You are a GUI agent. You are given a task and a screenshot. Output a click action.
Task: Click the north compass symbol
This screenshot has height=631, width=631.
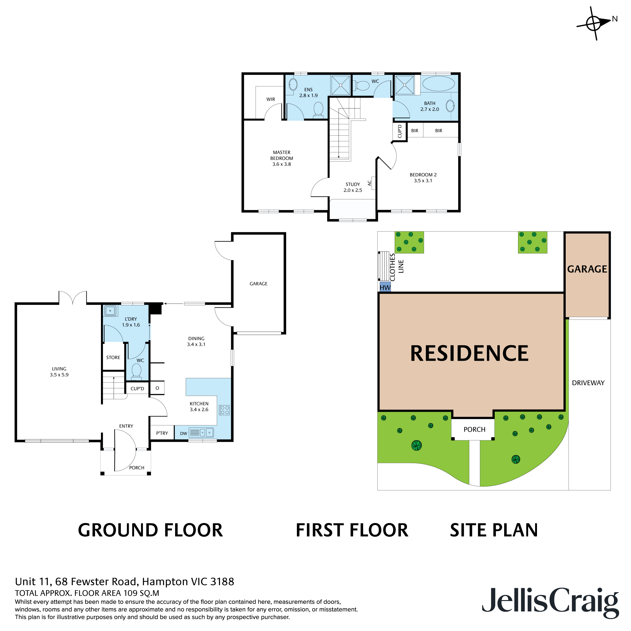593,23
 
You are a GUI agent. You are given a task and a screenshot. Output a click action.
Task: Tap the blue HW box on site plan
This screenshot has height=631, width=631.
385,287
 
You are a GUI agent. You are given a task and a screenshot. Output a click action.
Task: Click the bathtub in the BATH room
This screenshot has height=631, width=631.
438,84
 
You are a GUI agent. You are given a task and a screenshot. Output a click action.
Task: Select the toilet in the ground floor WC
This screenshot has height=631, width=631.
136,372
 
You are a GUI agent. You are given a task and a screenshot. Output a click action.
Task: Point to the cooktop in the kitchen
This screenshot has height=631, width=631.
224,410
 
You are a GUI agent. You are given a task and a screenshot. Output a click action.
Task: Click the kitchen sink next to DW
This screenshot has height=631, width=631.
202,433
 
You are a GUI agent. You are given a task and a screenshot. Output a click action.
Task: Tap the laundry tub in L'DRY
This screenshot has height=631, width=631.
110,310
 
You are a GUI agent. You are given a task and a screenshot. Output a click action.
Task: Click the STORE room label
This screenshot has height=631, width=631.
113,358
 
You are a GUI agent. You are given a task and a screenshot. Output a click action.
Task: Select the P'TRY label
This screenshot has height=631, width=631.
162,433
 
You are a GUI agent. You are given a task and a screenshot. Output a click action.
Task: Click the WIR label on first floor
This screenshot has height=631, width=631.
270,99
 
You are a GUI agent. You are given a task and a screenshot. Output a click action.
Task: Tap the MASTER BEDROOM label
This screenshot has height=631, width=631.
281,158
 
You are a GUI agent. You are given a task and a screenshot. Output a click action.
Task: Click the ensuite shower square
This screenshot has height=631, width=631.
340,85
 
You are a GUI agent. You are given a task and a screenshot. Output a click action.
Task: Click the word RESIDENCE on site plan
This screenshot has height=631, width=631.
469,353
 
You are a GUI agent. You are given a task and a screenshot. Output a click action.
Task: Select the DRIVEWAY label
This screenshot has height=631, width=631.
588,383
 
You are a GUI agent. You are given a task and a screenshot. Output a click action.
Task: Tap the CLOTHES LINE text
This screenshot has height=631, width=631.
397,267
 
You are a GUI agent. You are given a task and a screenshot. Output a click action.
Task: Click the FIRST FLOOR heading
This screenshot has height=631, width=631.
352,530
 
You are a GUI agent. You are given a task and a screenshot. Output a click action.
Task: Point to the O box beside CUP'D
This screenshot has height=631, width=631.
157,388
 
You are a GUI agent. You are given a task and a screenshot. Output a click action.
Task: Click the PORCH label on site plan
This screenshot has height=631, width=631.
474,429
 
